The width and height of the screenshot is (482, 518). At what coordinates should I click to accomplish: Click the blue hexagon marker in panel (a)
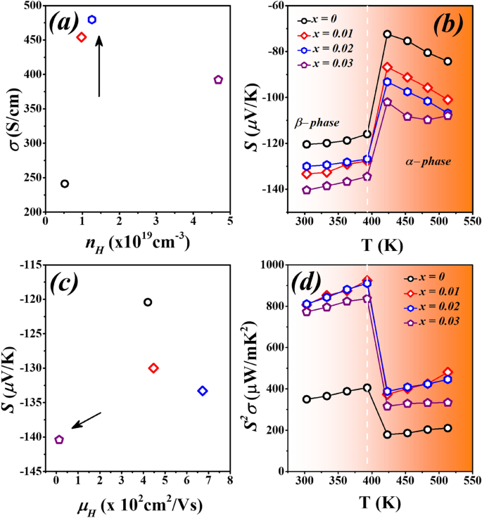(91, 20)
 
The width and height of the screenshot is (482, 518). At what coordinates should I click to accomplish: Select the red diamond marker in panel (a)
(81, 37)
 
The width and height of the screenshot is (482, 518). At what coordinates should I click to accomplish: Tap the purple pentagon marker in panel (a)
(218, 80)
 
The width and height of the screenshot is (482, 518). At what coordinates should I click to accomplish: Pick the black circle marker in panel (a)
(65, 184)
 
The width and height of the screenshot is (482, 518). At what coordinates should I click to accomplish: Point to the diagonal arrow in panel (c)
(87, 420)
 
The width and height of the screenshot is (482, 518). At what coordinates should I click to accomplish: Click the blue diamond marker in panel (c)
(203, 391)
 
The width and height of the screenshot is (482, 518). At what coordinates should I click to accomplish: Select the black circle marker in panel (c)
(148, 302)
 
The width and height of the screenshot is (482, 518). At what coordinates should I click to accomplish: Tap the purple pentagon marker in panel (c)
(59, 440)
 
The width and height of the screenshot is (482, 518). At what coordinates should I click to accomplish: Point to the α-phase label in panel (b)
(429, 162)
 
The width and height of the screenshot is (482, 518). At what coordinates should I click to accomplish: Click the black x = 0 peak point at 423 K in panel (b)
(387, 34)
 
